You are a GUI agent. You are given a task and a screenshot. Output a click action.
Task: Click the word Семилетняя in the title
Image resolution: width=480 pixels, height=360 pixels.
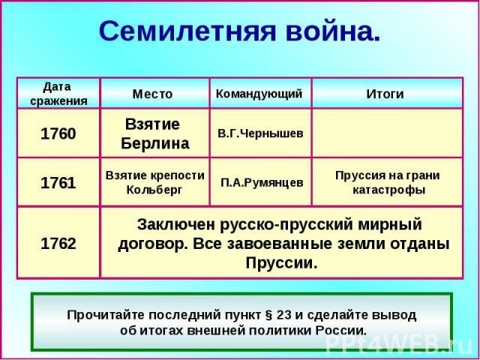(187, 31)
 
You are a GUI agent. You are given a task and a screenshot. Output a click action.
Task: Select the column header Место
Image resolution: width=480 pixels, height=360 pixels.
(152, 94)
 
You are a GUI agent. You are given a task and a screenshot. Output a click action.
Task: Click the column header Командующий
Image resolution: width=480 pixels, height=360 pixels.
(259, 94)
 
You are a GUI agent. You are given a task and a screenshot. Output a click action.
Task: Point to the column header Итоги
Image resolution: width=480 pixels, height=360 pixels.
(385, 94)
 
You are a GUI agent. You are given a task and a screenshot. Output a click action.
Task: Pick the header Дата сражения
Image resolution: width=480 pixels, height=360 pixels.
(58, 94)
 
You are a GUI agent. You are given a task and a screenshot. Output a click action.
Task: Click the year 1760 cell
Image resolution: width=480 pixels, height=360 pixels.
(58, 133)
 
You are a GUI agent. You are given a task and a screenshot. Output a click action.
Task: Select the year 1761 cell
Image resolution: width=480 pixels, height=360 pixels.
(58, 183)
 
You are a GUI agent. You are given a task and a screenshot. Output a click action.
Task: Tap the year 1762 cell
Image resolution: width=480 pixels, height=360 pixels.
(58, 243)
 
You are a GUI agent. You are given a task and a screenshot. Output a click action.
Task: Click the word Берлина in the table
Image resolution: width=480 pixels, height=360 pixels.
(155, 143)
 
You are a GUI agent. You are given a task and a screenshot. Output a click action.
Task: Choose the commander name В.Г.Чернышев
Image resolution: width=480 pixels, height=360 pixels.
(260, 133)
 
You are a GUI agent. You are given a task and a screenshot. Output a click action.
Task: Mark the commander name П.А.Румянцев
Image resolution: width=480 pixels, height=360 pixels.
(262, 183)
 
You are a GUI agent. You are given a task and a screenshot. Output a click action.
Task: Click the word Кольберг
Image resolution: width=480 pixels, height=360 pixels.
(154, 190)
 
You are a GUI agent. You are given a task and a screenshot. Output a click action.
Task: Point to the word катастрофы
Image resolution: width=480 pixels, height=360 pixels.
(388, 190)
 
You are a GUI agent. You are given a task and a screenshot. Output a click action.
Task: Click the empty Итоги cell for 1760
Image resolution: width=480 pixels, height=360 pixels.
(387, 133)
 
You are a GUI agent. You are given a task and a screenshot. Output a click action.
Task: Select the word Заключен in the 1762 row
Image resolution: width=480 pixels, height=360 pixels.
(176, 224)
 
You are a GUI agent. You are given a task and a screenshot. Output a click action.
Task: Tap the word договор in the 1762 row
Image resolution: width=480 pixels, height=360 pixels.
(152, 245)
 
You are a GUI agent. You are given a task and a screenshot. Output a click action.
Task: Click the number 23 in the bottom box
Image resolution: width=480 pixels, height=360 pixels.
(284, 315)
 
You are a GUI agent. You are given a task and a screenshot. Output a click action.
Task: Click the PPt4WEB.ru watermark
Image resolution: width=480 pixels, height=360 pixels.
(399, 346)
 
